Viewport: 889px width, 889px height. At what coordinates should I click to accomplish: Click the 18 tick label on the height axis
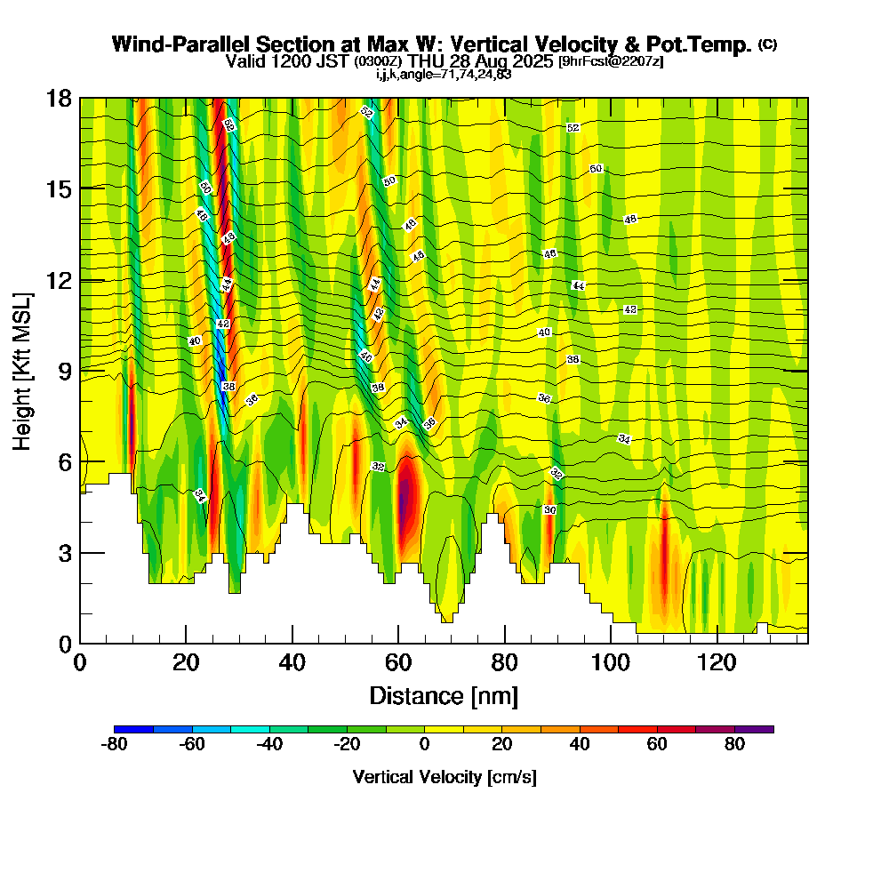click(x=60, y=98)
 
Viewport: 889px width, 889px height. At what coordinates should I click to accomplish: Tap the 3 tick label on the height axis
click(x=65, y=552)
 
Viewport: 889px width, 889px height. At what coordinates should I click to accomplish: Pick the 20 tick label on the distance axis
click(x=186, y=663)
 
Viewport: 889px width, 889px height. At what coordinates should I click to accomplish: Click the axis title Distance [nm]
click(x=444, y=695)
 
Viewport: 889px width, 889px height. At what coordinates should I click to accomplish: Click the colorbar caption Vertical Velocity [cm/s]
click(x=444, y=777)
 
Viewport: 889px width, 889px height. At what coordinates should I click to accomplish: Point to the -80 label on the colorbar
click(x=115, y=745)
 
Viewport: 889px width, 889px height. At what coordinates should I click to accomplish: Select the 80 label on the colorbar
click(x=734, y=745)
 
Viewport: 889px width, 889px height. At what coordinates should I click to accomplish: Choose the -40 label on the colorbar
click(x=270, y=745)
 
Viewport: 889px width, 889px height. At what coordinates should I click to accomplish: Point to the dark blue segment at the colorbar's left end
click(x=133, y=729)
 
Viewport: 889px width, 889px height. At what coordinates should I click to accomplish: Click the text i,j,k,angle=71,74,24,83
click(x=444, y=75)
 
